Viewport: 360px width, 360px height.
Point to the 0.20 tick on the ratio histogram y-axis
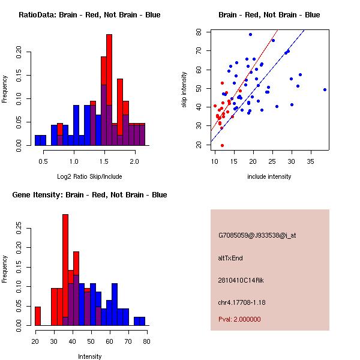pyautogui.click(x=29, y=52)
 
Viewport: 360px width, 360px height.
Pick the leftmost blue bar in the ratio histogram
pyautogui.click(x=40, y=140)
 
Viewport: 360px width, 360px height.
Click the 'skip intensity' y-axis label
pyautogui.click(x=185, y=90)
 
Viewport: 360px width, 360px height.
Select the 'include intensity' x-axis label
pyautogui.click(x=269, y=176)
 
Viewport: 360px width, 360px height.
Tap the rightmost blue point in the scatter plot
pyautogui.click(x=325, y=89)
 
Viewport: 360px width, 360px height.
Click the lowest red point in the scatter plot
pyautogui.click(x=222, y=145)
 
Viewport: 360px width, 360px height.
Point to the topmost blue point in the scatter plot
pyautogui.click(x=250, y=34)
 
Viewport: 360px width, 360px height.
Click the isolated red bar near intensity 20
pyautogui.click(x=38, y=316)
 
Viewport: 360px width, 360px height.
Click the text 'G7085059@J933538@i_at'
pyautogui.click(x=257, y=235)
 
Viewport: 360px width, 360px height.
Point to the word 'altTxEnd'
pyautogui.click(x=230, y=258)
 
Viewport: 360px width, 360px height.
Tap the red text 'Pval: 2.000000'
pyautogui.click(x=239, y=319)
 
